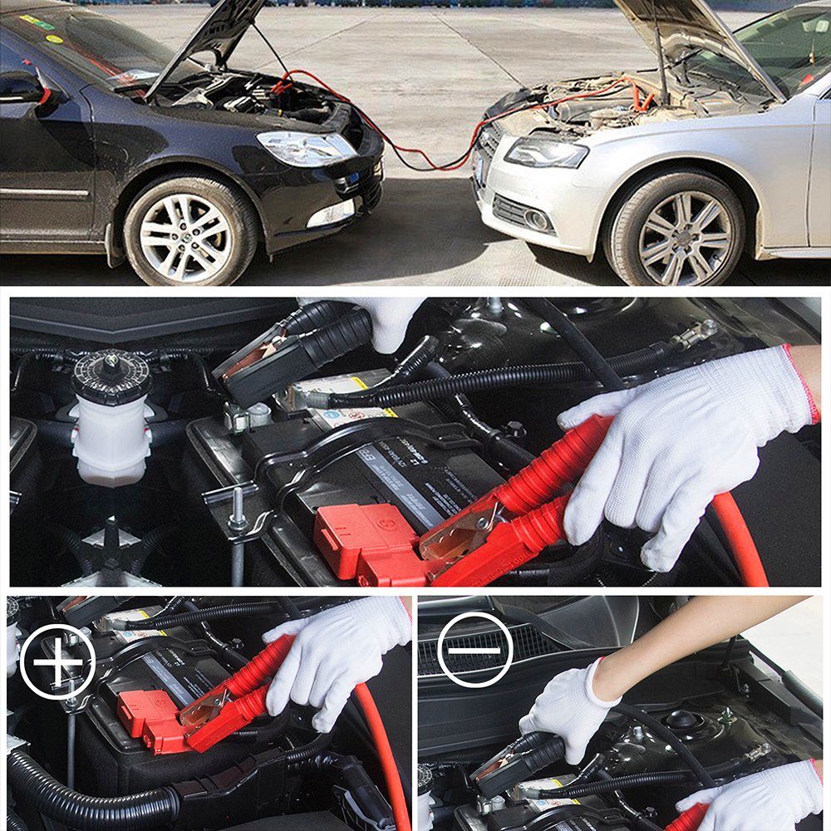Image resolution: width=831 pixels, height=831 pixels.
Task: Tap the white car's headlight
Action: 544,151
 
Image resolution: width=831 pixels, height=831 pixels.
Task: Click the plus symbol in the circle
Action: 57,661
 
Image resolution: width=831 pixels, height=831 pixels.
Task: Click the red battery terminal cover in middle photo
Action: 366,540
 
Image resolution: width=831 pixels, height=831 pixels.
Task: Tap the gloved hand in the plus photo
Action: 332,656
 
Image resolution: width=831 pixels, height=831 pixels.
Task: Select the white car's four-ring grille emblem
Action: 485,150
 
